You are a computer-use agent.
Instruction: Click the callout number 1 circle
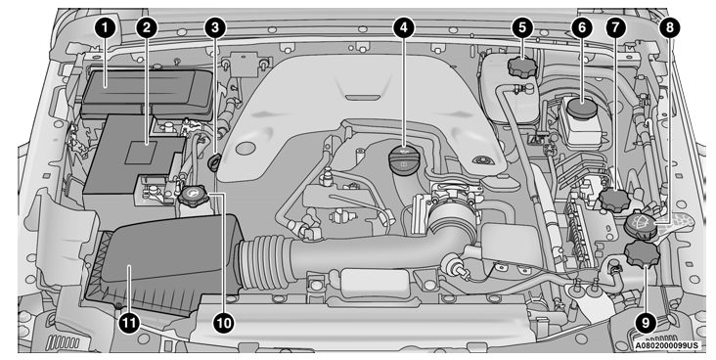pos(102,28)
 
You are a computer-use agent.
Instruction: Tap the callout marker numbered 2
pos(146,28)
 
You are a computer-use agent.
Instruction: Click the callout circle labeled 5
pos(524,28)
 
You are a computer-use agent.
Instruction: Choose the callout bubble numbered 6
pos(582,28)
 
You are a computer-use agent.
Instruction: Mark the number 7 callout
pos(614,28)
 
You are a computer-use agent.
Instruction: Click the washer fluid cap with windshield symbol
pos(639,227)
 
